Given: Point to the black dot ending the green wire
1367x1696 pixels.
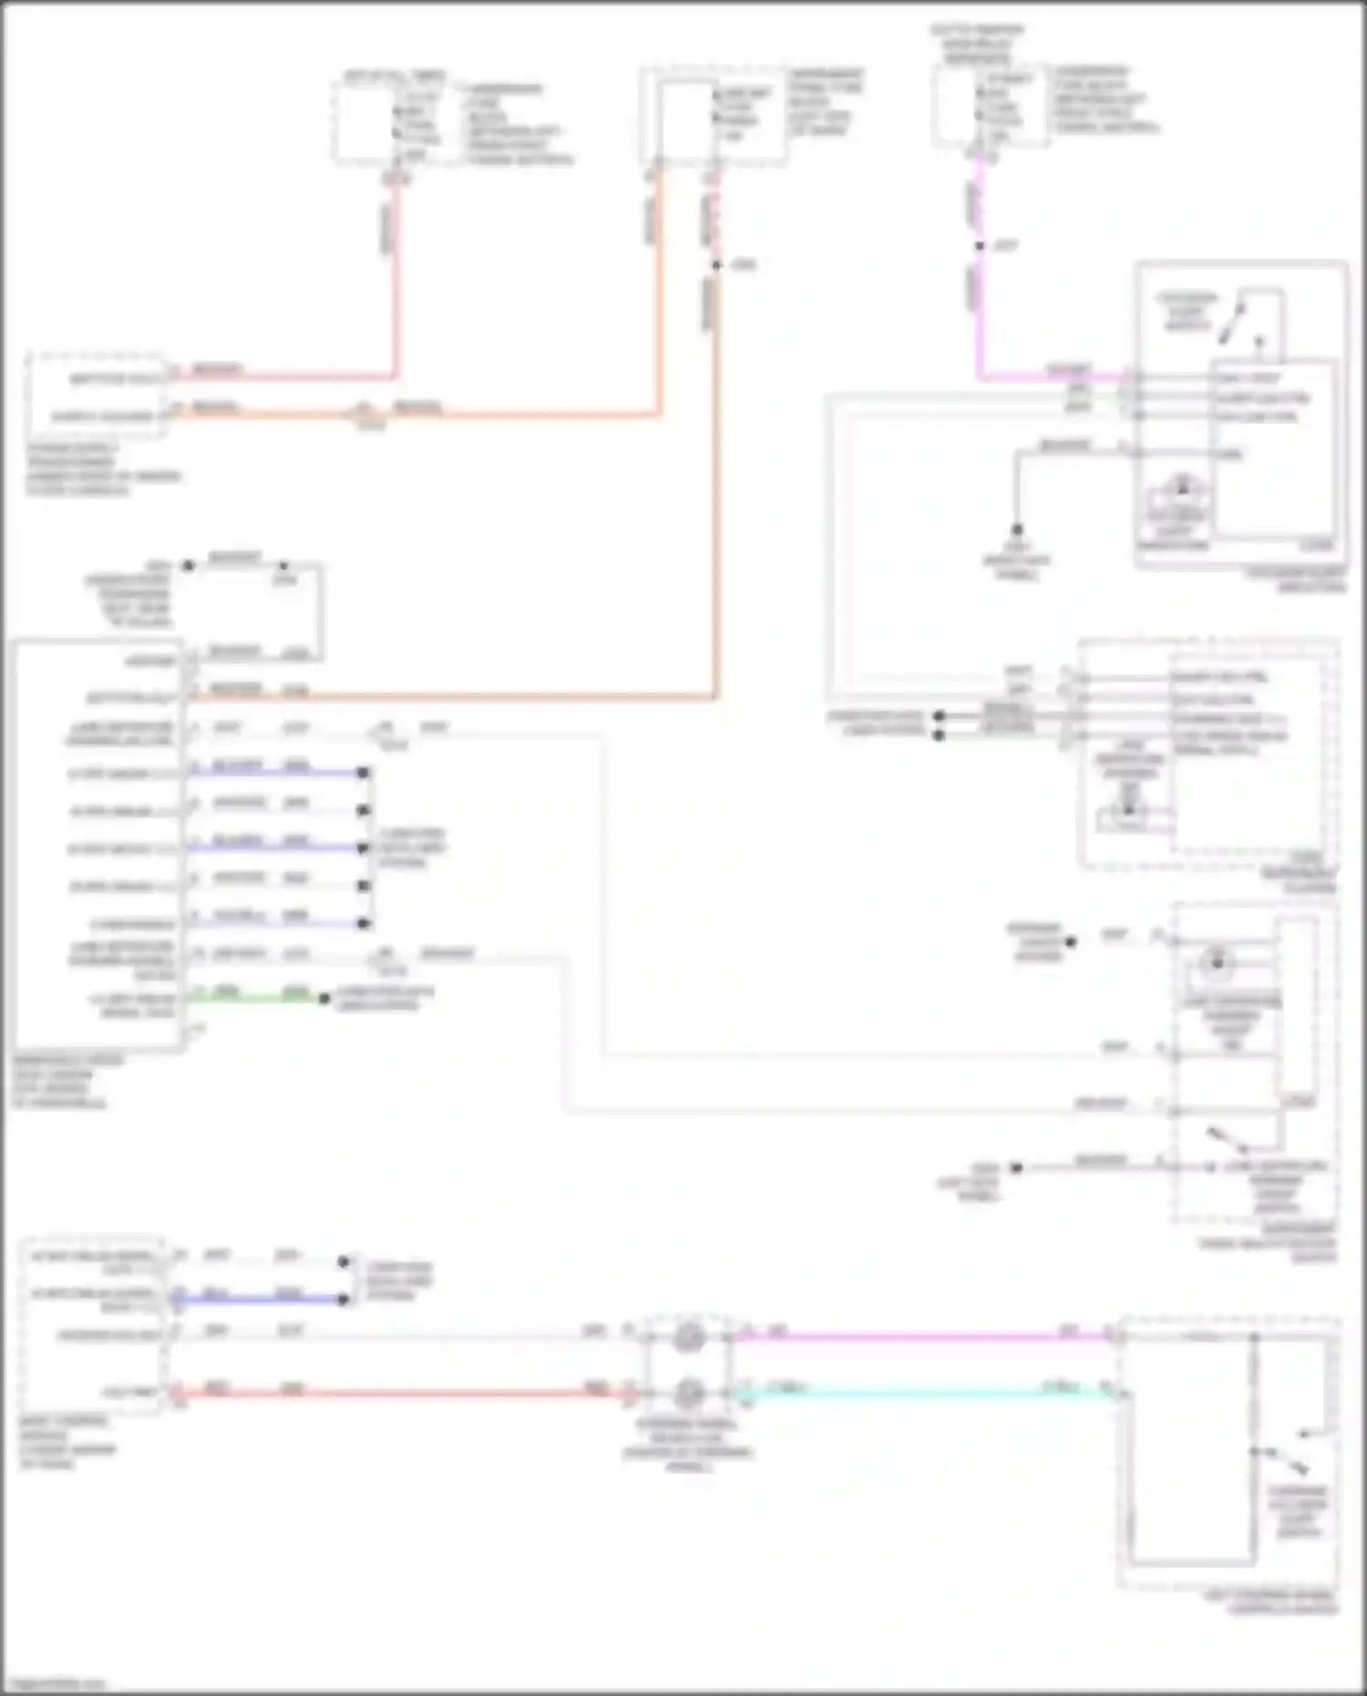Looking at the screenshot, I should [324, 999].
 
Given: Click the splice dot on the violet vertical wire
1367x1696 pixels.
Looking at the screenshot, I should [980, 246].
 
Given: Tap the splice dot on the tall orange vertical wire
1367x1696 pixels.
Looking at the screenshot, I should [716, 265].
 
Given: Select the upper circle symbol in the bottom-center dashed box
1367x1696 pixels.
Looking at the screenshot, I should [689, 1337].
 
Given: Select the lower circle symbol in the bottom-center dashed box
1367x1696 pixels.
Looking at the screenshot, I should [689, 1393].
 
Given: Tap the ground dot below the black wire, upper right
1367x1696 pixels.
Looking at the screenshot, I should [1017, 529].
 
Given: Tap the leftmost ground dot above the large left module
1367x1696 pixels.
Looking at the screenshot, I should [188, 565].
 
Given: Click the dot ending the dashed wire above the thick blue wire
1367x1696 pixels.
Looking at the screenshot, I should [344, 1262].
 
